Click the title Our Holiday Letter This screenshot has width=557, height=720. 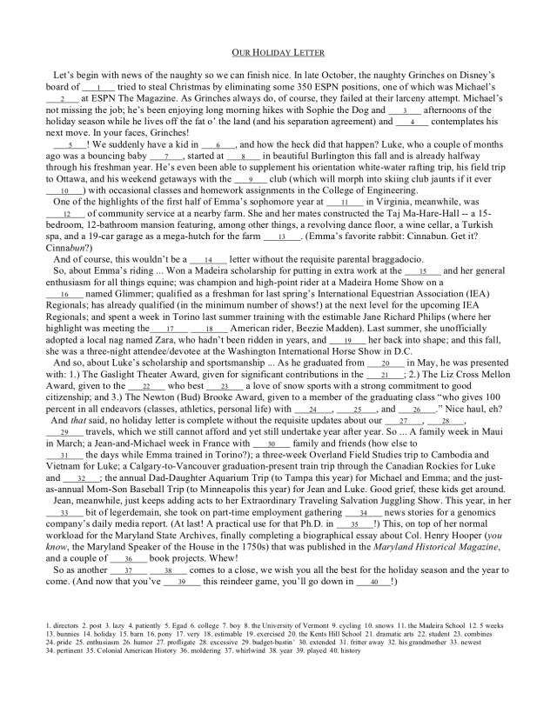pyautogui.click(x=278, y=52)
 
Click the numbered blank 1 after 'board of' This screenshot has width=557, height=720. pyautogui.click(x=100, y=88)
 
